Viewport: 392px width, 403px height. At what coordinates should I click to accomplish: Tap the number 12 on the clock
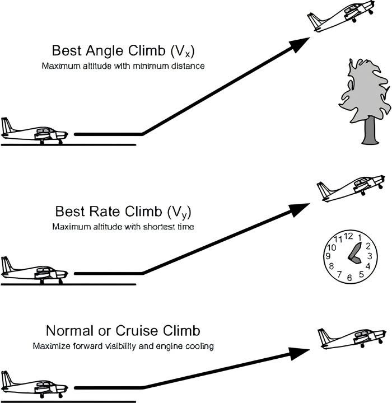coord(348,236)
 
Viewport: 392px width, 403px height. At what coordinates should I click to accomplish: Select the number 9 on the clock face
coord(328,257)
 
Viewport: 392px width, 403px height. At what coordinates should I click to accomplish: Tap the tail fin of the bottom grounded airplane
coord(6,378)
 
